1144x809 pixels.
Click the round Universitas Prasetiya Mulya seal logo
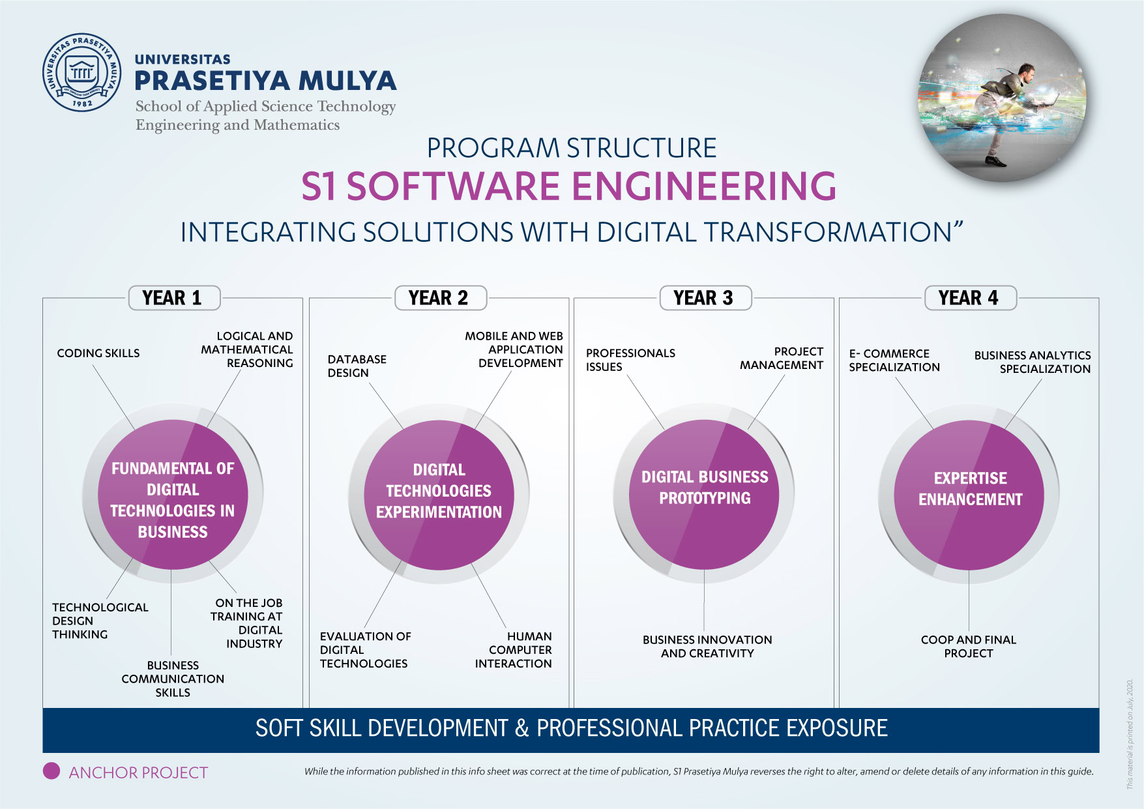[82, 72]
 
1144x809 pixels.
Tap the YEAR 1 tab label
[172, 298]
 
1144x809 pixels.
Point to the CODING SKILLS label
[98, 353]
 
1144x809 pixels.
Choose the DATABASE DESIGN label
[357, 366]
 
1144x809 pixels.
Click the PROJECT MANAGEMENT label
[782, 359]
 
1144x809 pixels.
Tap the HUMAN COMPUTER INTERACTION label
[514, 650]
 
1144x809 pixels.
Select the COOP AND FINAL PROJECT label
[969, 647]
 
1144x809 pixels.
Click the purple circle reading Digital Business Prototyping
[704, 495]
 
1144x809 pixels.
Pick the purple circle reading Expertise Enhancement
[969, 495]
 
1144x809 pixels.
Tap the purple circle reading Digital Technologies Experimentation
[439, 495]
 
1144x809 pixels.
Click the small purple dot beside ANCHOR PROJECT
[51, 771]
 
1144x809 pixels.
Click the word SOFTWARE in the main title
[454, 186]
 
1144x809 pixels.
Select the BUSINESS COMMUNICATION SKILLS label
[173, 679]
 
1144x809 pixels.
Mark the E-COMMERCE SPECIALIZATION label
[894, 360]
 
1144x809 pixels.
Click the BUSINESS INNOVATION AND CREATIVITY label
[707, 647]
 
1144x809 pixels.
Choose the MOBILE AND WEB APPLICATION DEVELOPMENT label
[514, 349]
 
